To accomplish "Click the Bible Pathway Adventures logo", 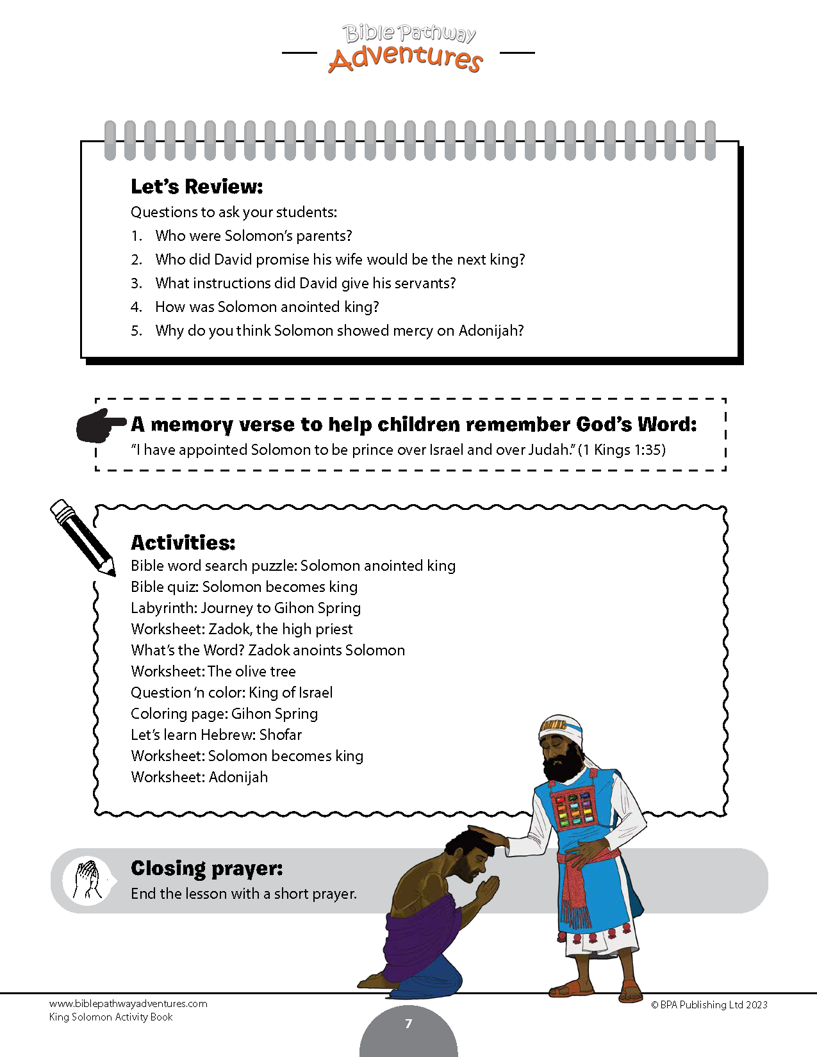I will pos(408,49).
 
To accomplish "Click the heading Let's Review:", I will pos(197,186).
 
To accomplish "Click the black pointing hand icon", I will pos(101,425).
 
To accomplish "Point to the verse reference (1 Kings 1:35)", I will pos(622,450).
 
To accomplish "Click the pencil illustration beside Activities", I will pos(83,537).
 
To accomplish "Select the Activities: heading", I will pos(183,543).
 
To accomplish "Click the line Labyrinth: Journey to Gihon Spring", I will pos(245,608).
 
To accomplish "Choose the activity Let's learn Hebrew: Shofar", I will pos(216,735).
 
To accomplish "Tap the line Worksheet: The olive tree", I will pos(213,671).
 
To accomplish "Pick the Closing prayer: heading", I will pos(206,868).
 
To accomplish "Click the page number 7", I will pos(409,1024).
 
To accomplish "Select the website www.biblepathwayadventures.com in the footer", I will pos(128,1004).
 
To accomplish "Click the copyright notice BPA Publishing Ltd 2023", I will pos(709,1004).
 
